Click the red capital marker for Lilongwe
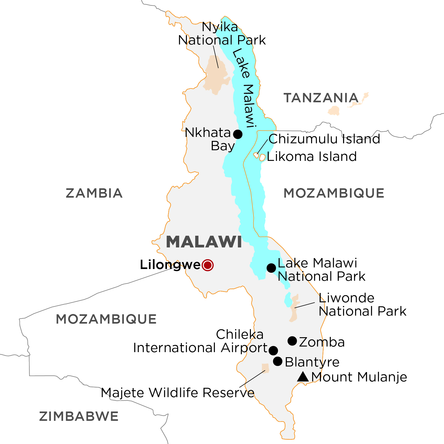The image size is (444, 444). (208, 265)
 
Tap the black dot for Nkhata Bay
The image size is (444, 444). (238, 134)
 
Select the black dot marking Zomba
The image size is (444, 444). (292, 341)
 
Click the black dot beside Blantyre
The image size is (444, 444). (278, 361)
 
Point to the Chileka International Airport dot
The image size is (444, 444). (273, 351)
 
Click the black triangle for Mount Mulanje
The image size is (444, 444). (303, 377)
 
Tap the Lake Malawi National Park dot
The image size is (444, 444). (271, 268)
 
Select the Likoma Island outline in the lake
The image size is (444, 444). (262, 157)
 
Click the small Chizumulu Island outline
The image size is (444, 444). (256, 155)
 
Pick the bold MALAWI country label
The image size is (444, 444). (204, 242)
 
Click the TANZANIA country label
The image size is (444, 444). (321, 98)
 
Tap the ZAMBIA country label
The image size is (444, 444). (94, 193)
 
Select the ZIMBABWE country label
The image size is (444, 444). (79, 416)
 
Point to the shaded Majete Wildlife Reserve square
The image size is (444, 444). (265, 368)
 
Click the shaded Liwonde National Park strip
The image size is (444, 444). (294, 309)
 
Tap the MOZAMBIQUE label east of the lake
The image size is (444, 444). (334, 193)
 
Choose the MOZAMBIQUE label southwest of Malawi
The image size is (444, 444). (106, 319)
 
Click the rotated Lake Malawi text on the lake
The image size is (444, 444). (244, 88)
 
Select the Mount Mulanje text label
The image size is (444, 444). (359, 377)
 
